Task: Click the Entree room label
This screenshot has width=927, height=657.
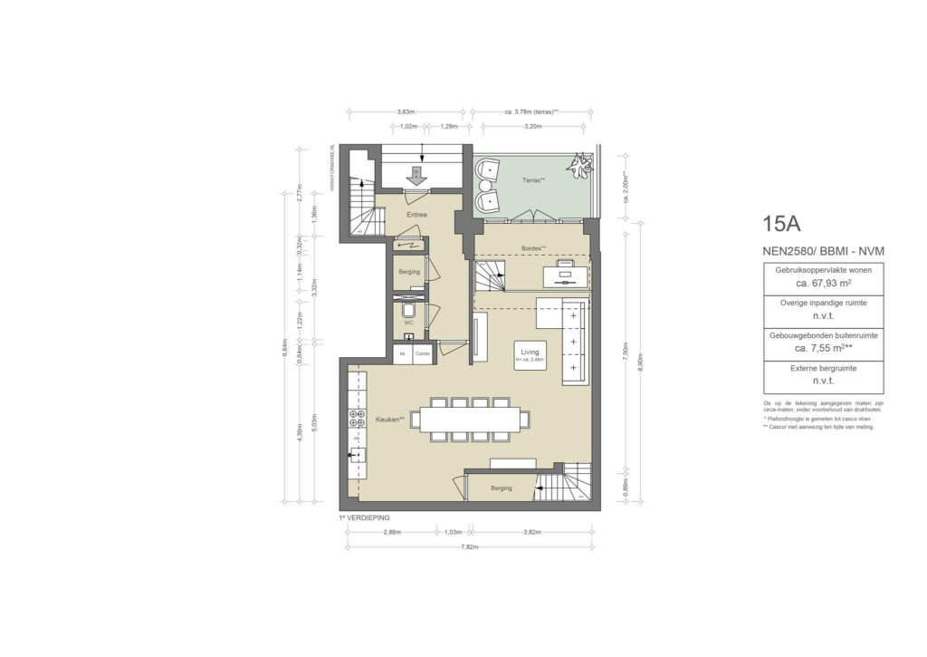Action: [416, 215]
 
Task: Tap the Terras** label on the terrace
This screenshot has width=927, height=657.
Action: [534, 180]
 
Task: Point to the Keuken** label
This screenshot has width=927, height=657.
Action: [390, 420]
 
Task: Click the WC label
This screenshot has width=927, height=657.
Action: [409, 322]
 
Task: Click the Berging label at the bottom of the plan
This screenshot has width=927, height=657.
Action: [501, 488]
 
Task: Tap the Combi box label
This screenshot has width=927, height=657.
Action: [423, 353]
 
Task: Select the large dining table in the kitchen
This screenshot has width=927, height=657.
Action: [471, 419]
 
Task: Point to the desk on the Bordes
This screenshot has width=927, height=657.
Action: [566, 271]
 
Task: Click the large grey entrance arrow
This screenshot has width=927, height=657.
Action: [416, 177]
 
